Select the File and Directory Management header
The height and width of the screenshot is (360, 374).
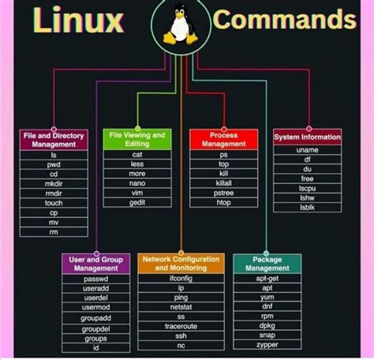(x=53, y=139)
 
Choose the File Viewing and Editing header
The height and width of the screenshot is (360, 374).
(x=137, y=139)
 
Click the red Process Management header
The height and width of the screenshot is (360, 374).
(x=223, y=139)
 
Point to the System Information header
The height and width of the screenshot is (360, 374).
(x=307, y=137)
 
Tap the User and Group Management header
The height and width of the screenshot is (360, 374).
(x=95, y=264)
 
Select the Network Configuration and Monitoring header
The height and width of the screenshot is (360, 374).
(x=181, y=264)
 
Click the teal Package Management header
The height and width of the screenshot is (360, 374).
(x=267, y=264)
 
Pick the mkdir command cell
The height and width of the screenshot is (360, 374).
(x=53, y=184)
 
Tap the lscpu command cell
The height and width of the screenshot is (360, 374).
(x=307, y=189)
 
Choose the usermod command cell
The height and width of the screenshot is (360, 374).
(x=95, y=308)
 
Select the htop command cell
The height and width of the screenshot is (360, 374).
(x=223, y=203)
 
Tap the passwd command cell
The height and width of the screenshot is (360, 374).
(x=95, y=279)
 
